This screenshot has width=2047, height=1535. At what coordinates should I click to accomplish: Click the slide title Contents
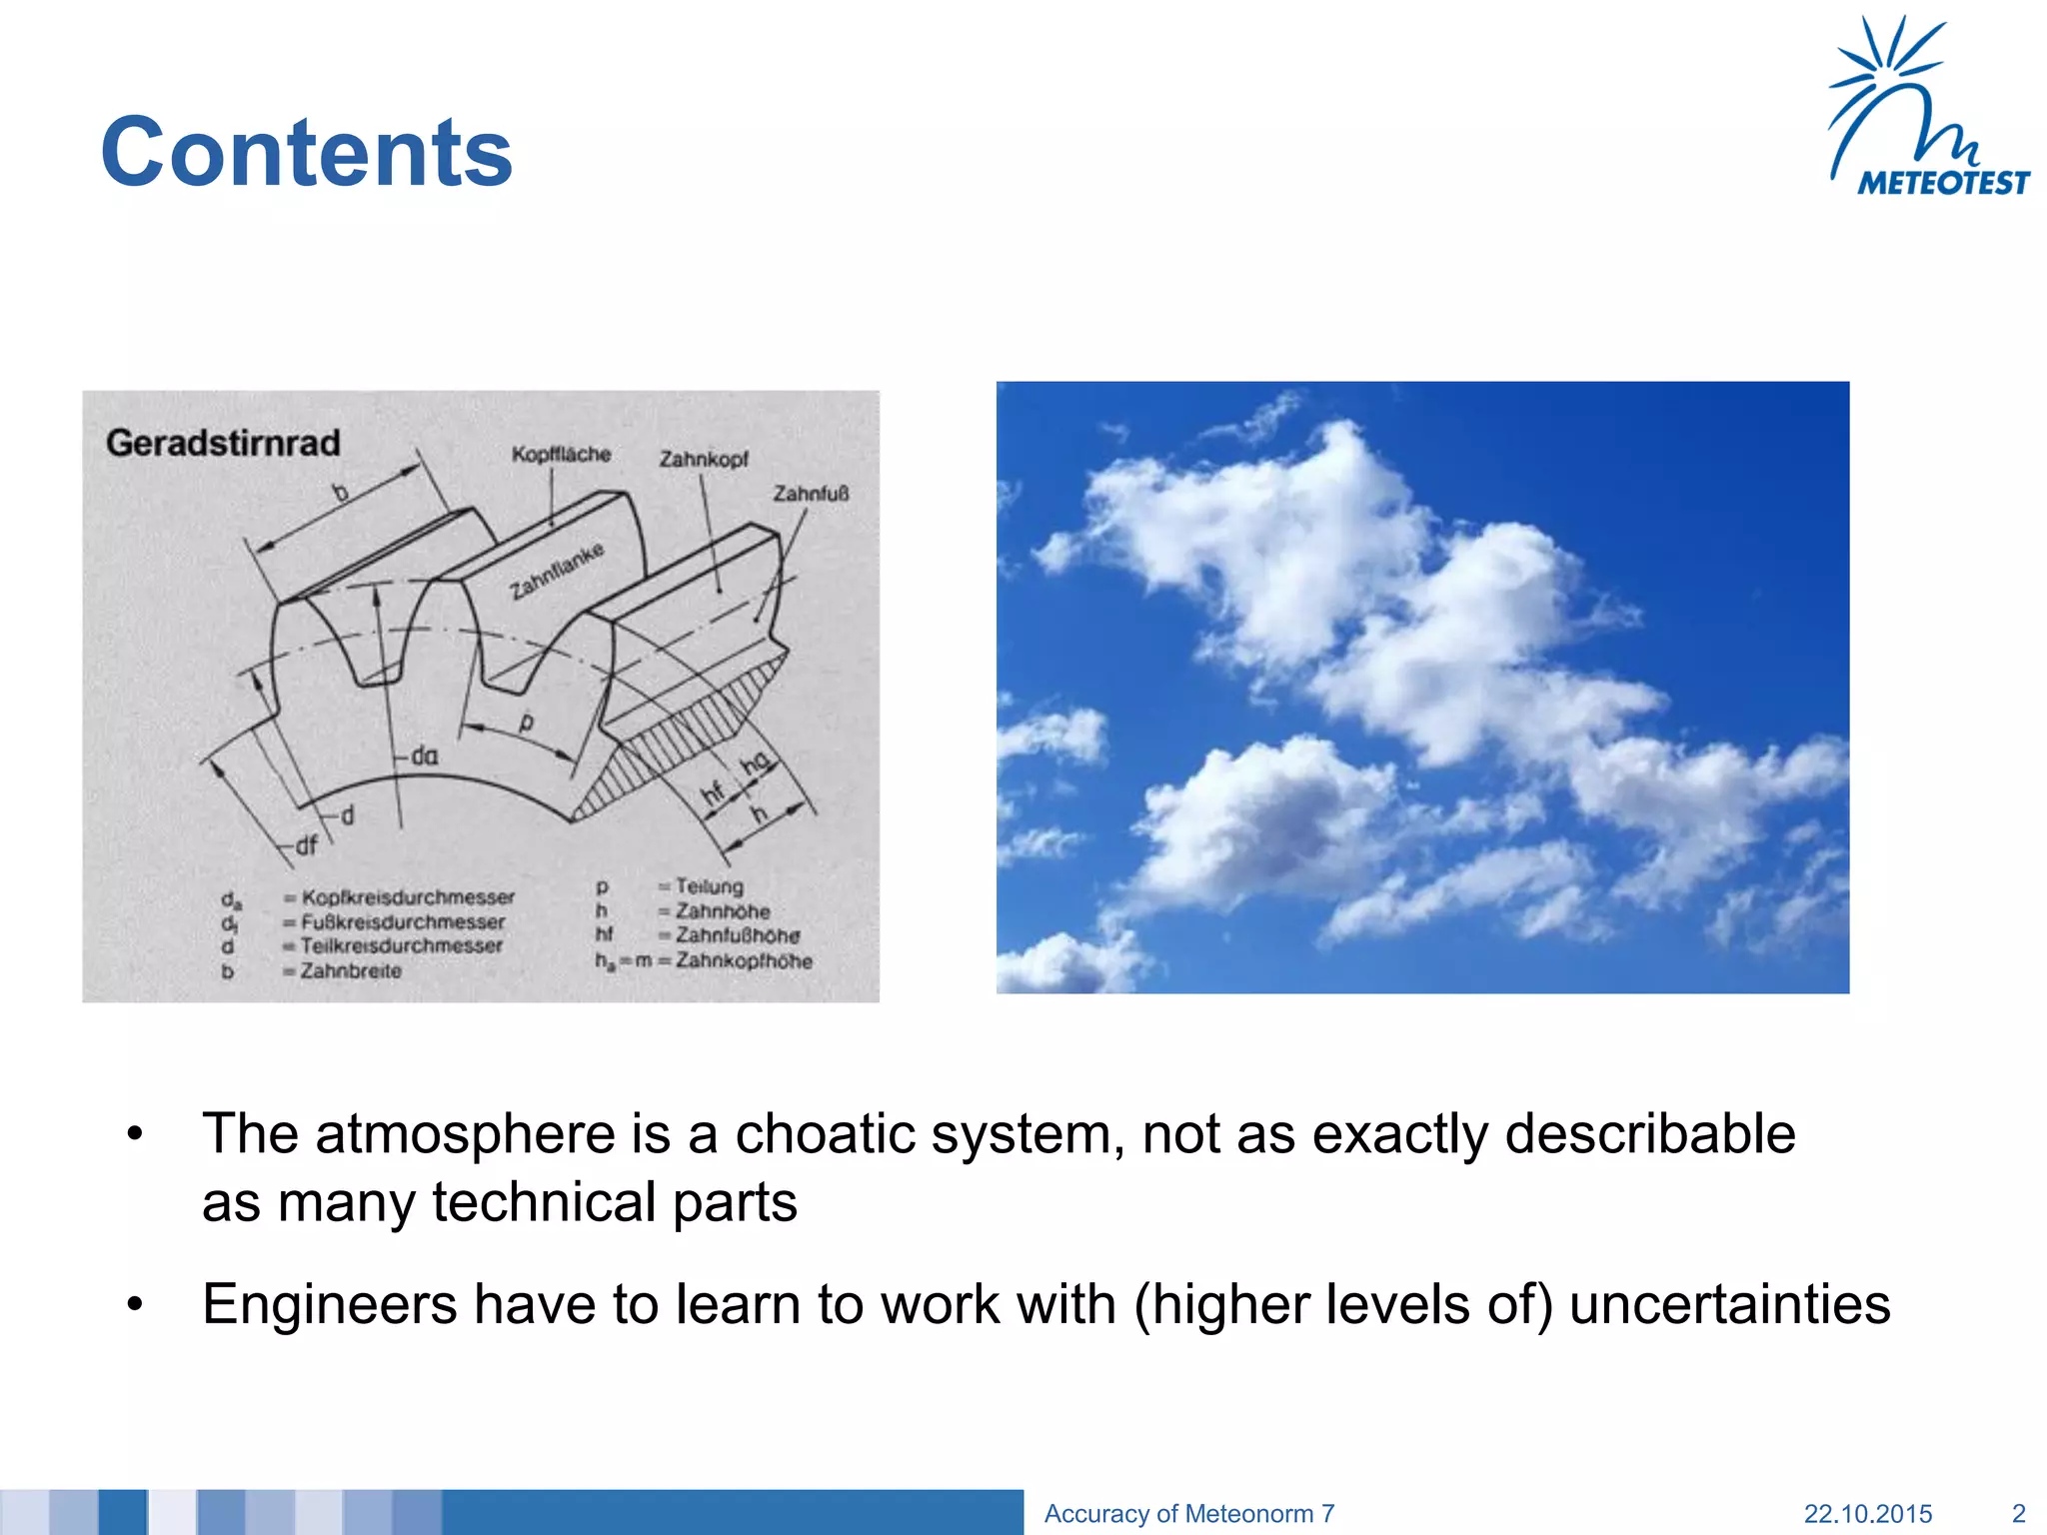[x=306, y=152]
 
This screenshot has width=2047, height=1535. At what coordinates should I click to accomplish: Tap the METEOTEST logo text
[x=1943, y=183]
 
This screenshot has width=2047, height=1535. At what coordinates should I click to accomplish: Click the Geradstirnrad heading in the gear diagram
[x=223, y=443]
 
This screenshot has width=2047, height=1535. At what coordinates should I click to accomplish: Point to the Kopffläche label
[x=561, y=455]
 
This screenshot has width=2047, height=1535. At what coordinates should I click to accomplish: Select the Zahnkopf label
[x=704, y=459]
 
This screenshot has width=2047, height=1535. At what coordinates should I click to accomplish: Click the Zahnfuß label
[x=810, y=494]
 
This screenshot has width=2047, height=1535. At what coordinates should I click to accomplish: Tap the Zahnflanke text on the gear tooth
[x=557, y=572]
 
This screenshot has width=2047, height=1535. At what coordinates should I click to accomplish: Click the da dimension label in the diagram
[x=425, y=757]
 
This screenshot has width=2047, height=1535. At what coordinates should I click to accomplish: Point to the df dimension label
[x=306, y=845]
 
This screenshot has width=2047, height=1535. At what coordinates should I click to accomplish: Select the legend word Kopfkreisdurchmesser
[x=408, y=897]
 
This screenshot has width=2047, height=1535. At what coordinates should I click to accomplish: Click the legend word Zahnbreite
[x=351, y=970]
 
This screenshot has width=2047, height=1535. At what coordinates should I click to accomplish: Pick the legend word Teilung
[x=710, y=886]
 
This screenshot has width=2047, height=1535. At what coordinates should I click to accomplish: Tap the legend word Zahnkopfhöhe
[x=744, y=960]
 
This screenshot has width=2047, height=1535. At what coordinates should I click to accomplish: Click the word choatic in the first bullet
[x=824, y=1134]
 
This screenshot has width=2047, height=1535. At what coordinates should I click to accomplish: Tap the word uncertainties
[x=1729, y=1304]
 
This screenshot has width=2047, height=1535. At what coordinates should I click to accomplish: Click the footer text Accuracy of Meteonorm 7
[x=1188, y=1513]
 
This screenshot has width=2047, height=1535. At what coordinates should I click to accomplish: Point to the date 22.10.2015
[x=1867, y=1513]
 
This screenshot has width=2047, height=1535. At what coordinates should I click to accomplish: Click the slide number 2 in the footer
[x=2018, y=1513]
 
